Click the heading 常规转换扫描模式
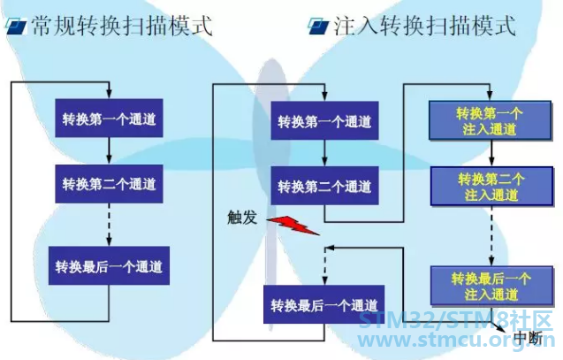(122, 26)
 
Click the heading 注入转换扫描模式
(425, 26)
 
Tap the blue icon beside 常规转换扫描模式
(16, 27)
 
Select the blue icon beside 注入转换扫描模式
(319, 27)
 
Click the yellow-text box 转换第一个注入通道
(491, 120)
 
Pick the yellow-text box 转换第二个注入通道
(491, 187)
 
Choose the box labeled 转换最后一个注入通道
(491, 286)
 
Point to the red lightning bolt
(293, 226)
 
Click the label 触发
(242, 218)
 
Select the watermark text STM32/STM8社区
(456, 320)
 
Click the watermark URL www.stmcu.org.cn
(457, 340)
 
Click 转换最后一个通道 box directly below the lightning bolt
(323, 304)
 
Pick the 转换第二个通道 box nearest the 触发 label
(324, 186)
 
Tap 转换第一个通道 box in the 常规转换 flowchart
(109, 119)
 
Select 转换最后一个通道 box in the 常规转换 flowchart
(109, 266)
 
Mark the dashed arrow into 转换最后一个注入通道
(491, 236)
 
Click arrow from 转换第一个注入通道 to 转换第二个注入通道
(491, 153)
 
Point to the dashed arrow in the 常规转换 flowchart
(109, 225)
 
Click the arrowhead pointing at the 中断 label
(501, 328)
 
